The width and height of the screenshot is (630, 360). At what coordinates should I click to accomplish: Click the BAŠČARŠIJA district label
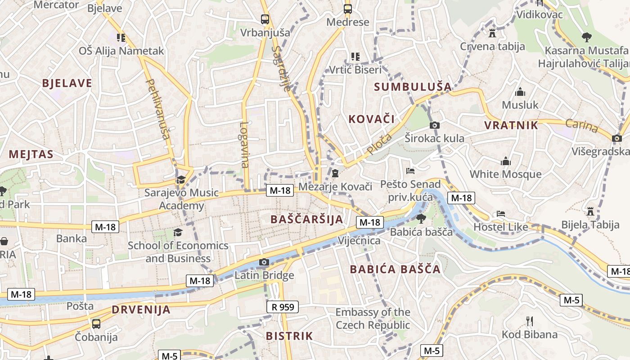point(307,219)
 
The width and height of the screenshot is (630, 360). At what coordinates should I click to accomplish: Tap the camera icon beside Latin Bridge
point(264,262)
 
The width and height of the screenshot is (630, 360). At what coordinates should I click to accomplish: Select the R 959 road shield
point(283,307)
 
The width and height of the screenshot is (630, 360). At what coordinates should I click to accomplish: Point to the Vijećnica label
point(359,241)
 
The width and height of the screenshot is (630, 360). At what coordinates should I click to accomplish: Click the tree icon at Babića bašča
point(421,219)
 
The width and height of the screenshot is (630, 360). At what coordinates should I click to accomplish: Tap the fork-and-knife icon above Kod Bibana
point(530,321)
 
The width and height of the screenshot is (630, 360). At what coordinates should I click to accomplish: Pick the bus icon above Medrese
point(347,9)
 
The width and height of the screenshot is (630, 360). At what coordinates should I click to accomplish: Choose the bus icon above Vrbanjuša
point(265,19)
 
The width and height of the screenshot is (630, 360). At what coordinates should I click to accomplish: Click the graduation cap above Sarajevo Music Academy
point(181,180)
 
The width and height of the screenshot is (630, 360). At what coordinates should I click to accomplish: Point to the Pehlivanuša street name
point(158,109)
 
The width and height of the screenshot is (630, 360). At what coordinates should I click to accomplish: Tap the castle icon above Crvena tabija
point(492,33)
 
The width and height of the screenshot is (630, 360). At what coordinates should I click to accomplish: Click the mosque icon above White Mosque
point(506,161)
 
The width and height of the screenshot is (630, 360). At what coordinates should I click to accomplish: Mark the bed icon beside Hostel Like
point(501,213)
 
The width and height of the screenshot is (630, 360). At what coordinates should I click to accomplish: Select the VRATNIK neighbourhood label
point(511,125)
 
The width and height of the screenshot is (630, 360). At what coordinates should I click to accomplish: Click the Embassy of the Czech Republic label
point(373,319)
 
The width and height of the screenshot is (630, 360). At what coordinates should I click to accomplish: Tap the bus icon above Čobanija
point(96,324)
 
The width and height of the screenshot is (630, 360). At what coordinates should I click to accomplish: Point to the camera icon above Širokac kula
point(434,125)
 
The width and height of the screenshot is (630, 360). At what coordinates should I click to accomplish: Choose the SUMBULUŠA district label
point(413,86)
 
